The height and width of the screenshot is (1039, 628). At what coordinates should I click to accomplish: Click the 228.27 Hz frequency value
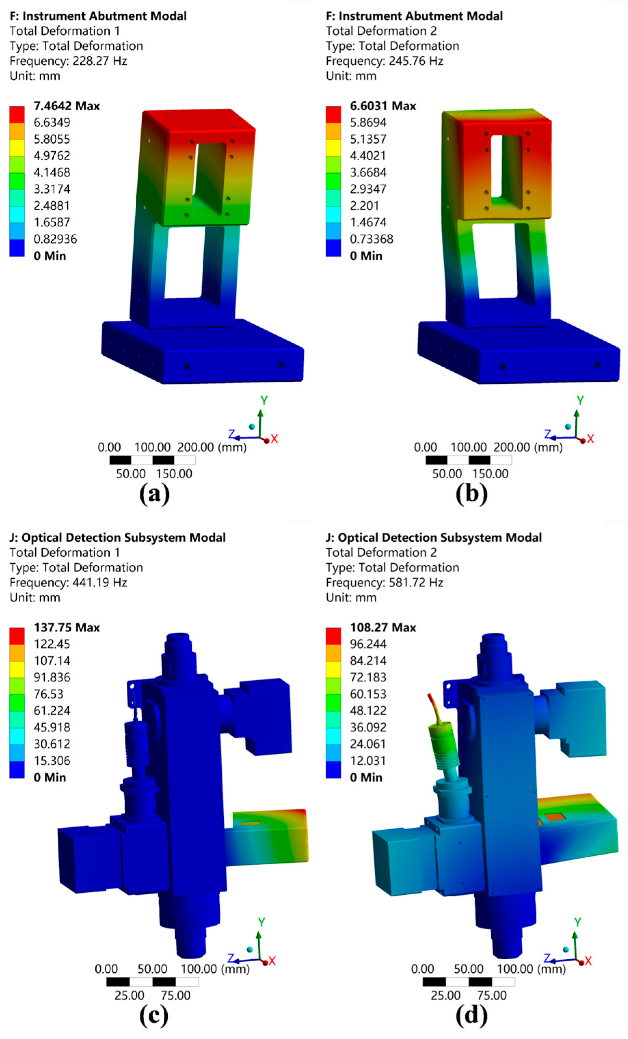pyautogui.click(x=99, y=61)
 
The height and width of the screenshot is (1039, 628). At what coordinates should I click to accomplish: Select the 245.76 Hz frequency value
pyautogui.click(x=416, y=61)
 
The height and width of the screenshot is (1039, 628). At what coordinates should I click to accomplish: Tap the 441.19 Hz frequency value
pyautogui.click(x=99, y=582)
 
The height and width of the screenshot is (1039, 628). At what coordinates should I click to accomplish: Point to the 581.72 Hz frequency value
pyautogui.click(x=416, y=582)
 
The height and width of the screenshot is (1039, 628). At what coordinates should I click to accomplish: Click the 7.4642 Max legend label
pyautogui.click(x=67, y=106)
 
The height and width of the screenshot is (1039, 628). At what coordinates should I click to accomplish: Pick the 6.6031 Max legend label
pyautogui.click(x=383, y=106)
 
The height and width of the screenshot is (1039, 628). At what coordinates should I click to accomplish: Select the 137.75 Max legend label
pyautogui.click(x=67, y=628)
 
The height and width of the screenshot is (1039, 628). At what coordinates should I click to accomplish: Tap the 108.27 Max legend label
pyautogui.click(x=383, y=628)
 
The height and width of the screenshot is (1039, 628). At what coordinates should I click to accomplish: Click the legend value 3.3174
pyautogui.click(x=52, y=189)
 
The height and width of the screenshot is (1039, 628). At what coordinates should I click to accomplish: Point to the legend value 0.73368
pyautogui.click(x=371, y=239)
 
